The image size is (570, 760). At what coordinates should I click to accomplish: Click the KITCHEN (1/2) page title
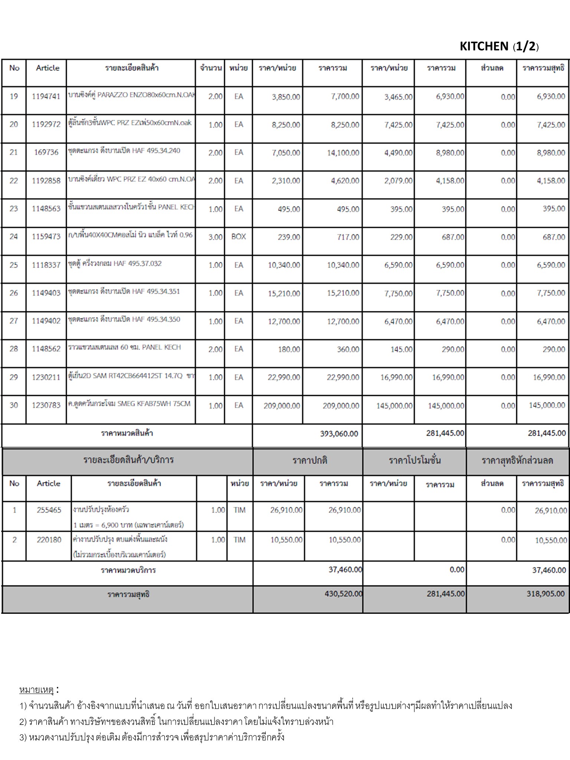pyautogui.click(x=499, y=46)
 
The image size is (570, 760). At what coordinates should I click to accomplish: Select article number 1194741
pyautogui.click(x=46, y=96)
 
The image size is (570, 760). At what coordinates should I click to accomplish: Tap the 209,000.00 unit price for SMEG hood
pyautogui.click(x=282, y=406)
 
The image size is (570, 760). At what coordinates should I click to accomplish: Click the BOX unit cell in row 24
pyautogui.click(x=238, y=236)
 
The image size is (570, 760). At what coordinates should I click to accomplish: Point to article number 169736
pyautogui.click(x=46, y=152)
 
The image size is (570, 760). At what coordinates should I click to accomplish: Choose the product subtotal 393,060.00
pyautogui.click(x=339, y=433)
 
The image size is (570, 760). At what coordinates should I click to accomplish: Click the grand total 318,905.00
pyautogui.click(x=545, y=594)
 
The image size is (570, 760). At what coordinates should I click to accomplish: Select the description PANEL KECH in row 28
pyautogui.click(x=124, y=347)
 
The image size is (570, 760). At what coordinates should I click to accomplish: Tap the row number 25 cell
pyautogui.click(x=14, y=265)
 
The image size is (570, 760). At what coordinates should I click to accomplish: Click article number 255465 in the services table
pyautogui.click(x=49, y=510)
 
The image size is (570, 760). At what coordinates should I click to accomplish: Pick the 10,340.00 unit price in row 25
pyautogui.click(x=284, y=265)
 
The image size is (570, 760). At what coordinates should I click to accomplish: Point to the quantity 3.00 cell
pyautogui.click(x=215, y=237)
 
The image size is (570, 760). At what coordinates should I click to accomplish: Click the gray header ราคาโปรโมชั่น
pyautogui.click(x=415, y=461)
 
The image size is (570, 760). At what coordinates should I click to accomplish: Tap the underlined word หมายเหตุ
pyautogui.click(x=36, y=690)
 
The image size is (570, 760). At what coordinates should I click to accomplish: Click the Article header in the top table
pyautogui.click(x=47, y=68)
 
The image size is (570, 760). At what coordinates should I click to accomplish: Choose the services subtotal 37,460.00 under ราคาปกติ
pyautogui.click(x=345, y=569)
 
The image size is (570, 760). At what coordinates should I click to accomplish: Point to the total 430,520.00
pyautogui.click(x=343, y=594)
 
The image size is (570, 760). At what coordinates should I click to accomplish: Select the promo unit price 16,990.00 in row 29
pyautogui.click(x=396, y=377)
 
